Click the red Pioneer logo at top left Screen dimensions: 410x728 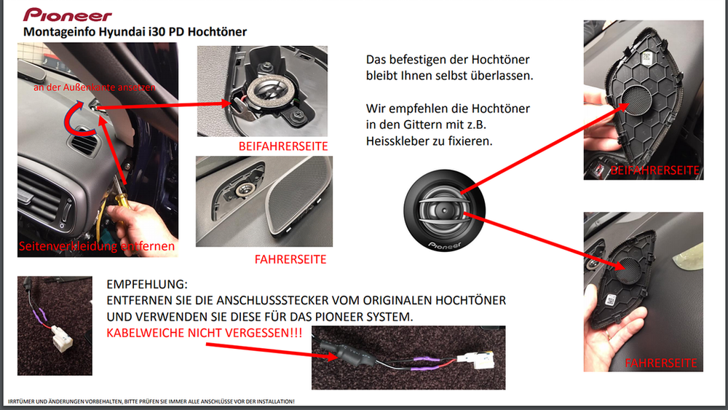[68, 15]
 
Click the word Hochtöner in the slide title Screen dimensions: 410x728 [218, 32]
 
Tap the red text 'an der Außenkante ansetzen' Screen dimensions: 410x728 [95, 87]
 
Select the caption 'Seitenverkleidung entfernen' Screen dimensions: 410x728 [98, 246]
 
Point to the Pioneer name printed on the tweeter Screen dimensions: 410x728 [445, 246]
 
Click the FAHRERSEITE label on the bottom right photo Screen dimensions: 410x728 [660, 363]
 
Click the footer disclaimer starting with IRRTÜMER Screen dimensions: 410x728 [149, 401]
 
